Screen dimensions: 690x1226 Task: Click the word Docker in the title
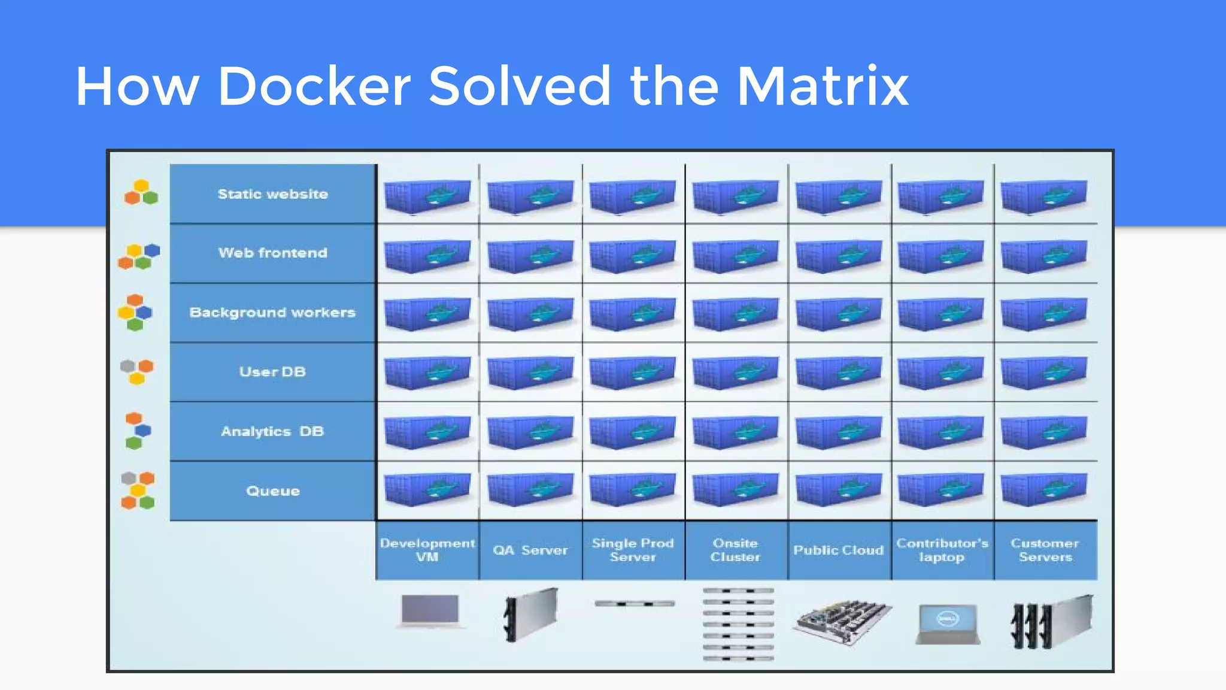(x=314, y=86)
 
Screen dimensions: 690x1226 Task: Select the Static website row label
(x=273, y=194)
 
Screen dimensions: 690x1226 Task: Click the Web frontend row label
(x=273, y=253)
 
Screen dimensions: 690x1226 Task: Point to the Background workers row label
(x=273, y=312)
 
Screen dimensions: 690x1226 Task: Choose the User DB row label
(x=273, y=371)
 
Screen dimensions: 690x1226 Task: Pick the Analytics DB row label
(x=273, y=431)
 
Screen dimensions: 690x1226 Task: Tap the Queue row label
(x=273, y=491)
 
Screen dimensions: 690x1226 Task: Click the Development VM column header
(x=427, y=550)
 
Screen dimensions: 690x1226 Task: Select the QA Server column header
(x=530, y=550)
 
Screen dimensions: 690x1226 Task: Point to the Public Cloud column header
(x=839, y=550)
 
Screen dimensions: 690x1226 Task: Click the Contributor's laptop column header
(x=942, y=550)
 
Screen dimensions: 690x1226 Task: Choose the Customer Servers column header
(x=1045, y=550)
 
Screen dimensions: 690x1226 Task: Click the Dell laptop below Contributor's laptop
(x=948, y=624)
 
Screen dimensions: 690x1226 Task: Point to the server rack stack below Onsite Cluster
(x=738, y=624)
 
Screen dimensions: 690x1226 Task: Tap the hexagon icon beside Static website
(x=141, y=193)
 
